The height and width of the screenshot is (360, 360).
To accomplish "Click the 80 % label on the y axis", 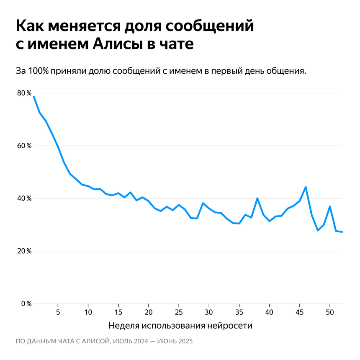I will point(24,93).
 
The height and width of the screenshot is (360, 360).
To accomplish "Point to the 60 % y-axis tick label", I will point(24,146).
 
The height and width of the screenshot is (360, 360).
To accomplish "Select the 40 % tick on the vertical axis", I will point(24,198).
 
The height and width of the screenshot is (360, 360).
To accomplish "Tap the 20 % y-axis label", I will point(24,251).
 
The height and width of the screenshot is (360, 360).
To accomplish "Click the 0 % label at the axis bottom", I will point(26,303).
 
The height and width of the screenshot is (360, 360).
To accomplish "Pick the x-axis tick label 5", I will point(58,312).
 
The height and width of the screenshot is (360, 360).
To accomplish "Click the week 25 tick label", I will point(179,312).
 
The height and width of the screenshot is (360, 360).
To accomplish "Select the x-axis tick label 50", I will point(330,312).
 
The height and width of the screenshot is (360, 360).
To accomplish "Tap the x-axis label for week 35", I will point(239,312).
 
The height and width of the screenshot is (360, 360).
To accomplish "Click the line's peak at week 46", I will point(306,187).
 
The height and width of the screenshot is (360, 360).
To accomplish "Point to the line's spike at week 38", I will point(257,198).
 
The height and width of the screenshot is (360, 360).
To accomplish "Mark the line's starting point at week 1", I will point(33,97).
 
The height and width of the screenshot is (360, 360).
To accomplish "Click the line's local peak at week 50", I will point(330,206).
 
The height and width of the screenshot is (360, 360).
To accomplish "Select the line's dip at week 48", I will point(318,230).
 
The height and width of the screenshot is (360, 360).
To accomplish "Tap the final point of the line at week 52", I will point(342,232).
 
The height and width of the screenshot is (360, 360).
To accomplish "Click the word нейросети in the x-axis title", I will point(233,325).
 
